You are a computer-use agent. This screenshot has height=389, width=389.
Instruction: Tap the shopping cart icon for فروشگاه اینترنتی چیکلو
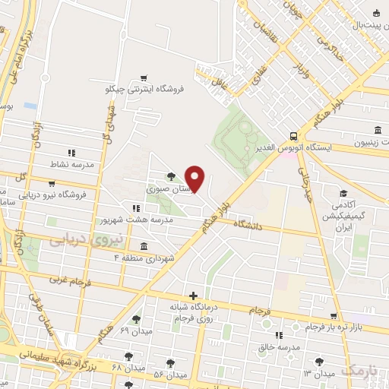pos(144,78)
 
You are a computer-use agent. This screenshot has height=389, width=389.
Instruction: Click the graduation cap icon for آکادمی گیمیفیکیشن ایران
pos(343,194)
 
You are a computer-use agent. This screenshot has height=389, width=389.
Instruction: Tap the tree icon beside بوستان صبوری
pos(170,176)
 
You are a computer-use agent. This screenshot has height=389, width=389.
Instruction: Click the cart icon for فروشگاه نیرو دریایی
pos(50,183)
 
